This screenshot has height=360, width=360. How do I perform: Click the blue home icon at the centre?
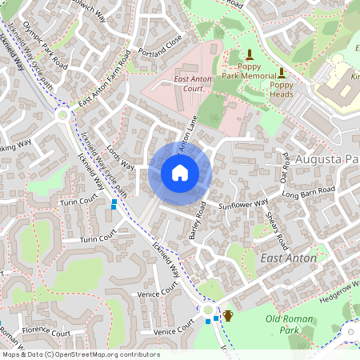pos(180,172)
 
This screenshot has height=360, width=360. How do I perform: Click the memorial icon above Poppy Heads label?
pos(281,73)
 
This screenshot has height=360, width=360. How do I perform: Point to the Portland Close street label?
pos(160,44)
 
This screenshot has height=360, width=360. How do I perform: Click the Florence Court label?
pos(46,330)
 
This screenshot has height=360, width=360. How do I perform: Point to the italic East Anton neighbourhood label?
pos(289,258)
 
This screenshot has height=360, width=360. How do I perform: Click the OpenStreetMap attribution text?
pos(80,354)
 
